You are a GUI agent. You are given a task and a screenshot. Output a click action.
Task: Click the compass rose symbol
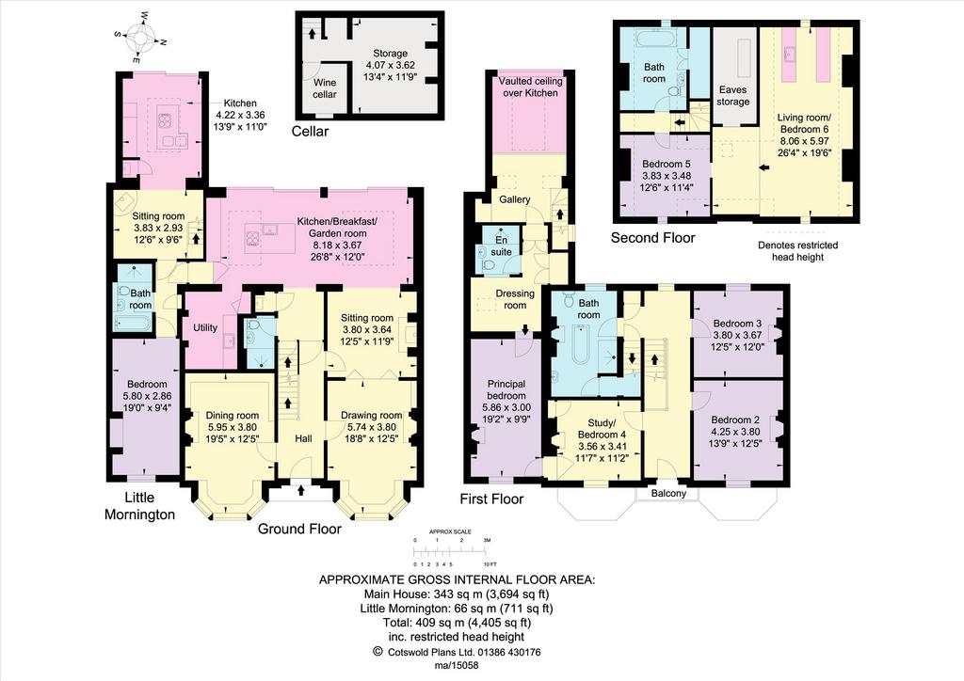tap(140, 40)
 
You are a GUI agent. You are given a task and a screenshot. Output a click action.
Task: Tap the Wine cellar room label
tap(325, 88)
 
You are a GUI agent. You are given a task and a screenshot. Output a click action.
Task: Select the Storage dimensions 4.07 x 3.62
tap(391, 65)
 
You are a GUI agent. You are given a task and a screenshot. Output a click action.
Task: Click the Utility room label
tap(205, 328)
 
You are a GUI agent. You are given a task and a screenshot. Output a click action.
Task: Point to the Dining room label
tap(233, 416)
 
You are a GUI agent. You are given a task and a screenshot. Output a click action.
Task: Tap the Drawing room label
tap(369, 416)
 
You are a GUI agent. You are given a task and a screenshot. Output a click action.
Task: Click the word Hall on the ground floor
tap(303, 438)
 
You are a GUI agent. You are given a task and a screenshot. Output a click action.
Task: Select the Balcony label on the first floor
tap(669, 493)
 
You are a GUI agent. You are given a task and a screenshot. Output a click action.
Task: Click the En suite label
tap(501, 245)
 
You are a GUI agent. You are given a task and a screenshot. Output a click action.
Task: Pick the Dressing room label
tap(515, 299)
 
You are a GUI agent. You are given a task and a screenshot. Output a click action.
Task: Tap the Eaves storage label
tap(732, 95)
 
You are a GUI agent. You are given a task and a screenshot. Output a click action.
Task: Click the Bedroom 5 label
tap(667, 165)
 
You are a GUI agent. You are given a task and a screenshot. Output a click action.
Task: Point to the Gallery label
tap(515, 199)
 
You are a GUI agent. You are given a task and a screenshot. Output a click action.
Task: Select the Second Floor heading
tap(653, 238)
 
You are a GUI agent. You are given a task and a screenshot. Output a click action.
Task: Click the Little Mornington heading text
tap(139, 506)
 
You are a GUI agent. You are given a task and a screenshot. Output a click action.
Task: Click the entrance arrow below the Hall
tap(301, 490)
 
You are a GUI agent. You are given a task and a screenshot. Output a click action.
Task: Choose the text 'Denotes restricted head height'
tap(798, 251)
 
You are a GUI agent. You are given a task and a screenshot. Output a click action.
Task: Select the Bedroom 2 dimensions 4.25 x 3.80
tap(735, 431)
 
